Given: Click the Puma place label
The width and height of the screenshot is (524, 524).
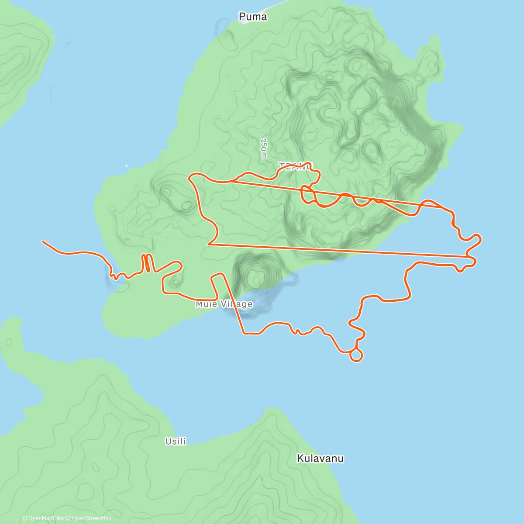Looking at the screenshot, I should [253, 17].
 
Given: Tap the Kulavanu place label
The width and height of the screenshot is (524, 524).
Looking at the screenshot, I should [320, 458].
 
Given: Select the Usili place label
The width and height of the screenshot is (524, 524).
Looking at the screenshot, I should [176, 441].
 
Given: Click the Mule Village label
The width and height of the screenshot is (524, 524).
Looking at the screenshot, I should [224, 304].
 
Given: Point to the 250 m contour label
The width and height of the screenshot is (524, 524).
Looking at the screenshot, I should [263, 149].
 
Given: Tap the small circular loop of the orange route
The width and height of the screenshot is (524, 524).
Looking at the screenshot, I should [356, 355].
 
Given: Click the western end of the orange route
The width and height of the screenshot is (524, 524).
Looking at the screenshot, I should [43, 241].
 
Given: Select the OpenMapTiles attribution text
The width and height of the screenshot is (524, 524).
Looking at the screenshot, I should [43, 518].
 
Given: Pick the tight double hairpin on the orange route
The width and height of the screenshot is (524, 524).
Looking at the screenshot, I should [147, 262].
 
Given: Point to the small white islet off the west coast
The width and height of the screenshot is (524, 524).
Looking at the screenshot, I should [126, 165].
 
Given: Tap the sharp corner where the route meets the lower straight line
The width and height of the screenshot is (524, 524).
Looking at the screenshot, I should [208, 245].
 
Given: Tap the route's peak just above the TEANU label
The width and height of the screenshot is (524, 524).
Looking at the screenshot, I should [309, 164].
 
